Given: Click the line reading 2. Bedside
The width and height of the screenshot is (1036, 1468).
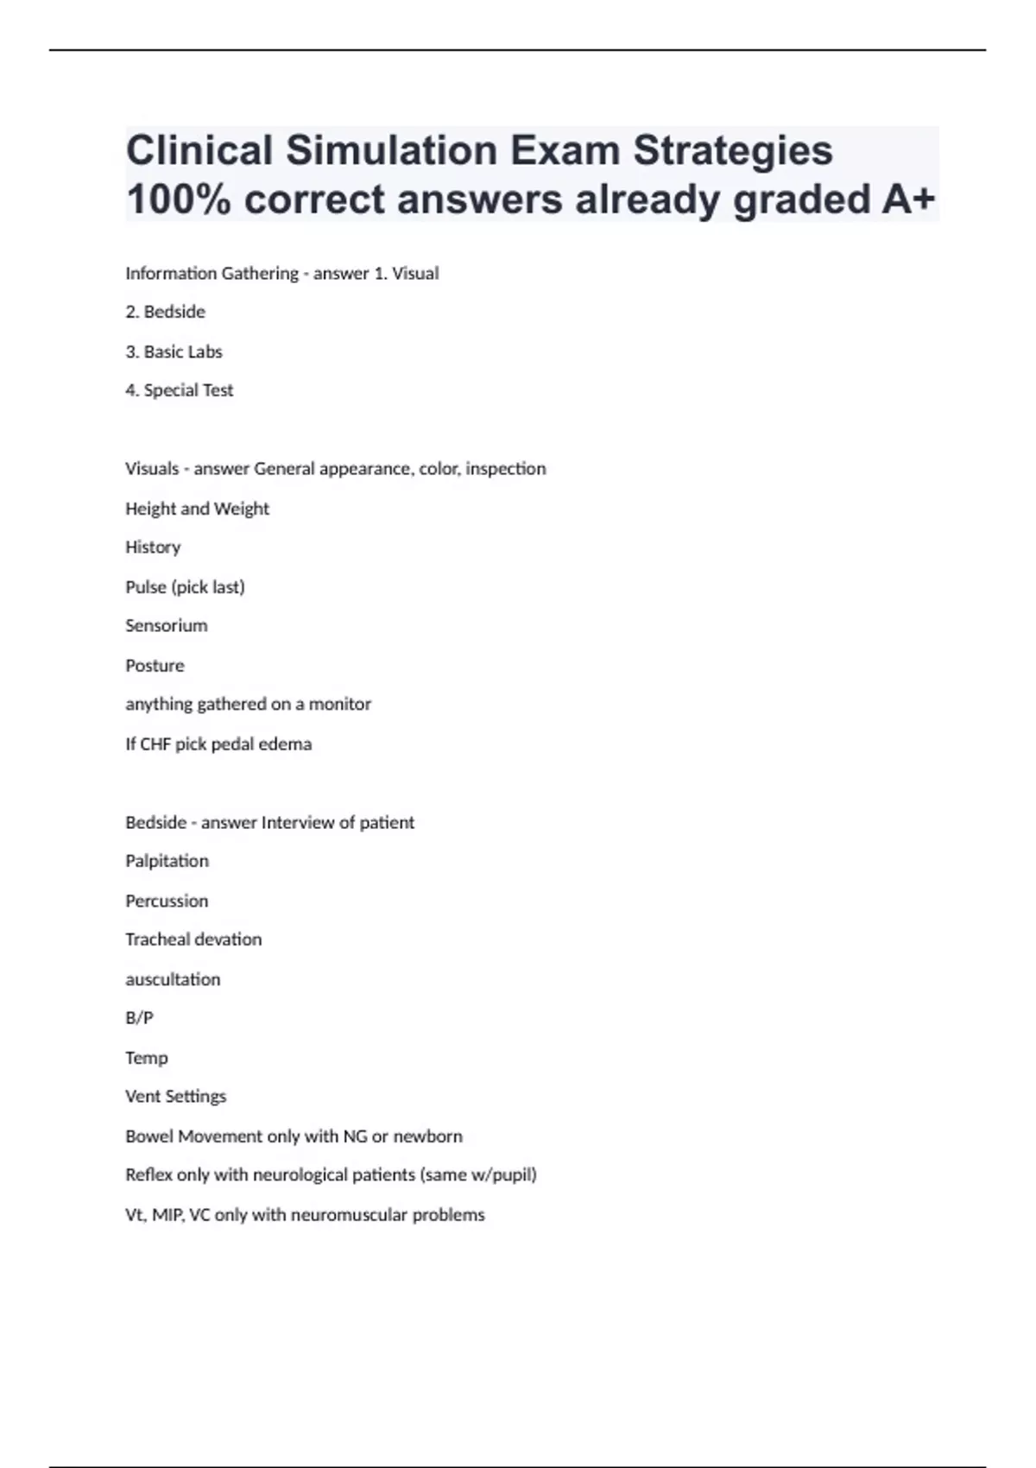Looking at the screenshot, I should [x=166, y=312].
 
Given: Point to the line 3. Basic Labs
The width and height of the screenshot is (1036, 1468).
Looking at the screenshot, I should [x=174, y=351].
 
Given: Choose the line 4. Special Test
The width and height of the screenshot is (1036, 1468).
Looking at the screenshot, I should [x=180, y=390].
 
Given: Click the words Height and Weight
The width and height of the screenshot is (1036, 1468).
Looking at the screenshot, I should [x=198, y=509].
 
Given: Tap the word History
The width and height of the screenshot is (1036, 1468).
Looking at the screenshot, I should [x=153, y=547].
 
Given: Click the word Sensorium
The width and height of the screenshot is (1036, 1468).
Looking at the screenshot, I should [x=167, y=626].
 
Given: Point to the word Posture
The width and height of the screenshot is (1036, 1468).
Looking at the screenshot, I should [x=155, y=666].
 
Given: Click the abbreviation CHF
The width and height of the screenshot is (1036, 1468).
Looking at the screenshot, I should [x=155, y=744].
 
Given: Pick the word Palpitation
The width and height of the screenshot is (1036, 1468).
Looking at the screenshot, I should [x=167, y=861].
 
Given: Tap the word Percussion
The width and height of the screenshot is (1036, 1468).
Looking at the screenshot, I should [x=167, y=901].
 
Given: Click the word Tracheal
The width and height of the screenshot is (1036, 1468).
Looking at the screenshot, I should [x=155, y=940].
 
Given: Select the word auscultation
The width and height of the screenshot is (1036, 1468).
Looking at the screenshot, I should [x=174, y=979].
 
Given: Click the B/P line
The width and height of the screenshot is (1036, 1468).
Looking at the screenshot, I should [x=140, y=1018].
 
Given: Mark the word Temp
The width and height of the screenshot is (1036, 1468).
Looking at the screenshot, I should [x=147, y=1058].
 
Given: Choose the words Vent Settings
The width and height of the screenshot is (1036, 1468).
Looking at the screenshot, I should [x=176, y=1097].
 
